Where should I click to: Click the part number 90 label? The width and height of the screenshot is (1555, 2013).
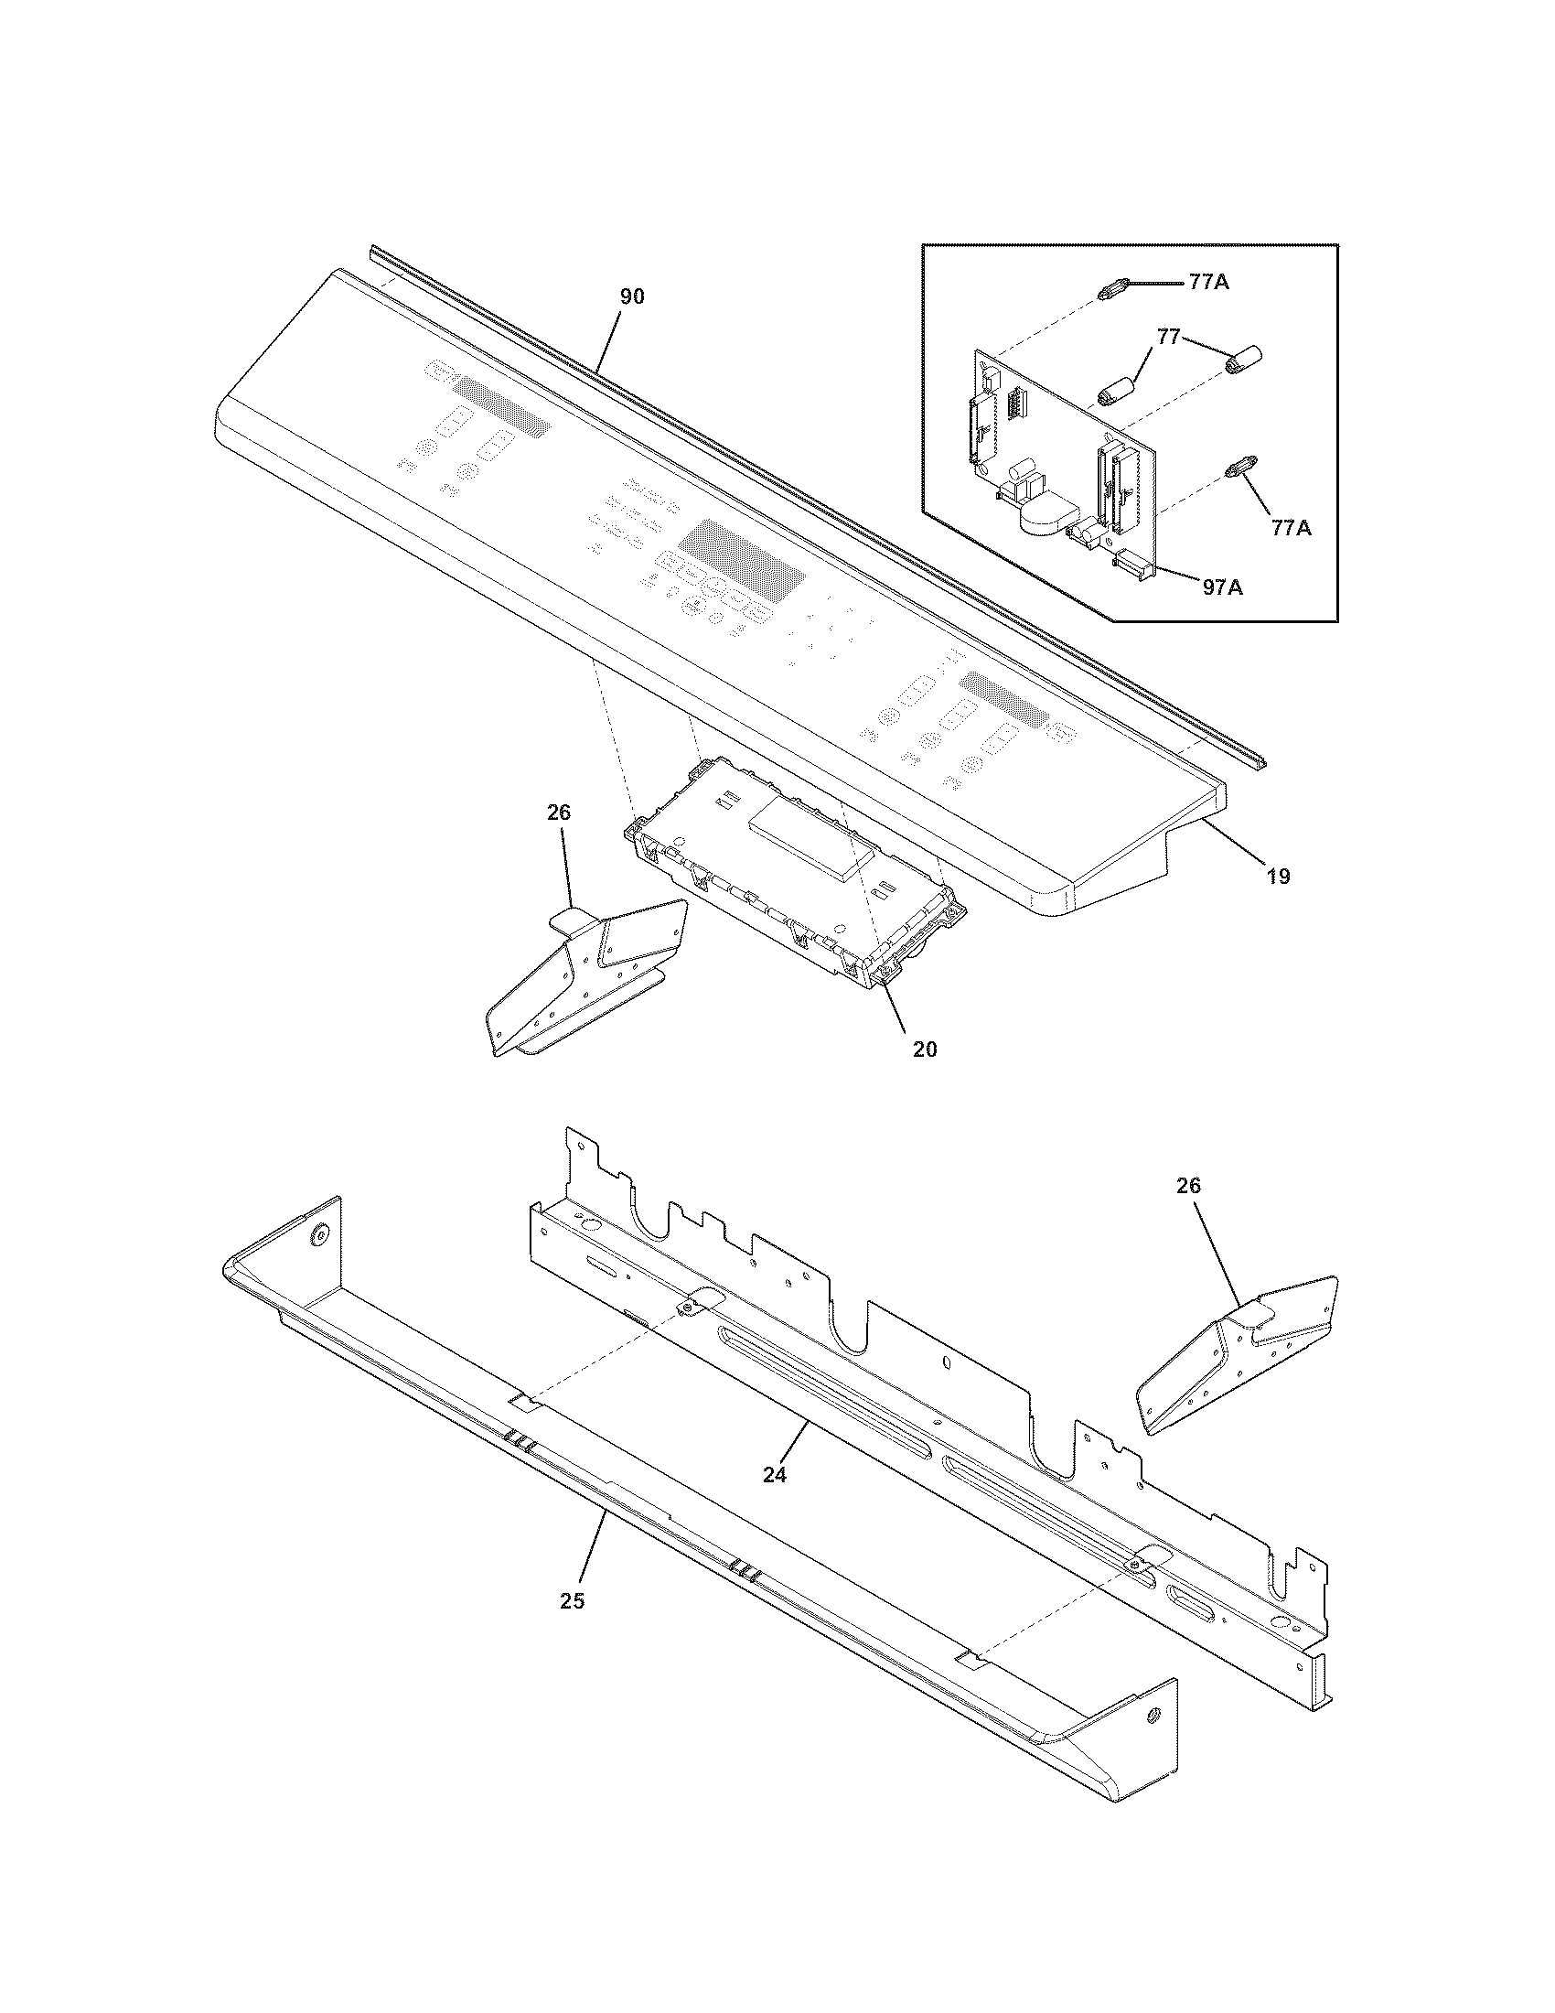point(631,296)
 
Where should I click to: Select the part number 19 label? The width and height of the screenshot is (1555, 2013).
point(1278,876)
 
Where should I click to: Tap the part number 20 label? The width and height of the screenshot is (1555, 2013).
point(925,1049)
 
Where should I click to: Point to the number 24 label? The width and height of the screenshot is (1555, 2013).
point(775,1475)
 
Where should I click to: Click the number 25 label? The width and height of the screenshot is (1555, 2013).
point(572,1601)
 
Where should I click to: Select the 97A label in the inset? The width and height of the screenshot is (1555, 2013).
point(1222,586)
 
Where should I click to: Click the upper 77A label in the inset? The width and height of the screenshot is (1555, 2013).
point(1208,283)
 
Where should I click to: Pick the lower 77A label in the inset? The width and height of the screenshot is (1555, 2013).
point(1292,527)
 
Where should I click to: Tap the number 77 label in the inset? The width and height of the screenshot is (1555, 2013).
point(1168,338)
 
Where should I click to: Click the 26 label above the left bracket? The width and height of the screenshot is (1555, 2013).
point(558,812)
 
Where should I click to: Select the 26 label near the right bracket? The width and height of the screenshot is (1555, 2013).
point(1188,1185)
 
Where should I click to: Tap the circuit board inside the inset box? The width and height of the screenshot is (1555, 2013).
point(1059,433)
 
